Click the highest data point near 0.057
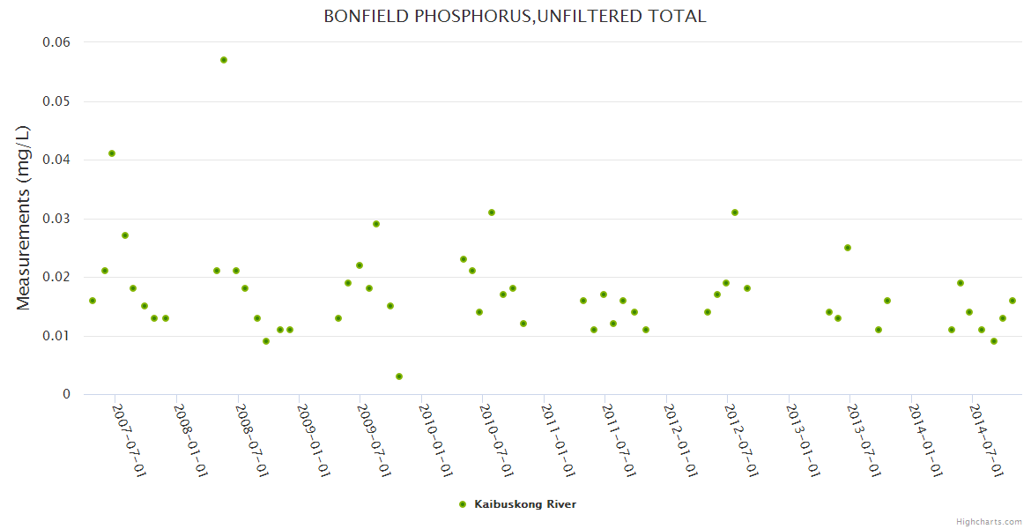click(224, 60)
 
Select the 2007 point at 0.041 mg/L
click(112, 153)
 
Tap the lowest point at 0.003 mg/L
click(399, 376)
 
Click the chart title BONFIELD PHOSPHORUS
click(515, 16)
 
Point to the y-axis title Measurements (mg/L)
click(24, 218)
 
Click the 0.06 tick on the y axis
click(56, 42)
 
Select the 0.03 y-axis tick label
click(56, 219)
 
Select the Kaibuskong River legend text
click(525, 504)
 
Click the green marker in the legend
click(463, 504)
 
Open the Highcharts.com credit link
click(989, 522)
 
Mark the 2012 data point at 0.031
click(735, 212)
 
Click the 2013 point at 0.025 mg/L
click(848, 248)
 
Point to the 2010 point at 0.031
click(492, 212)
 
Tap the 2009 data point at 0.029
click(376, 224)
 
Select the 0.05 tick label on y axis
click(56, 101)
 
